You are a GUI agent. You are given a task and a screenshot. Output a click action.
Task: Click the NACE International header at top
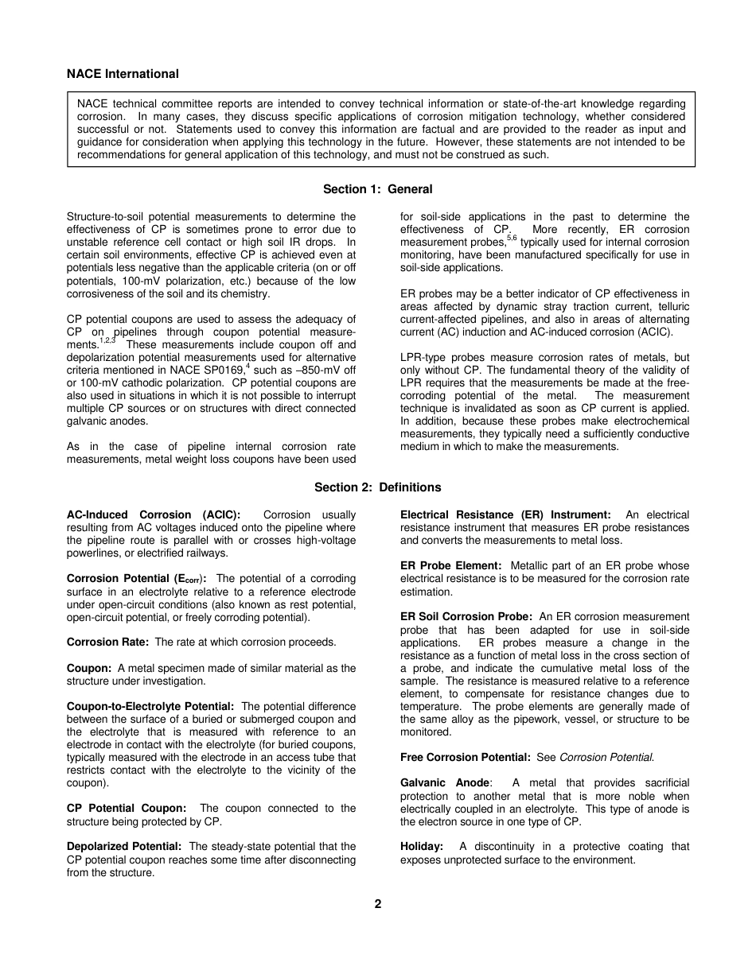click(x=123, y=74)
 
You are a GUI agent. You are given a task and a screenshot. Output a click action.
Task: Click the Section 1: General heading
click(x=377, y=189)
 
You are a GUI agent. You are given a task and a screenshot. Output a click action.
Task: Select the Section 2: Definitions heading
click(x=377, y=487)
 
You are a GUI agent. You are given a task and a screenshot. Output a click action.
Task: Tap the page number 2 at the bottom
click(x=378, y=903)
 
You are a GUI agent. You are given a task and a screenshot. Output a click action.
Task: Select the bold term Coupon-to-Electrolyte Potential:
click(x=150, y=706)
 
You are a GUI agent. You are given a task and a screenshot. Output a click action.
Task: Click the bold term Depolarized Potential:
click(x=124, y=846)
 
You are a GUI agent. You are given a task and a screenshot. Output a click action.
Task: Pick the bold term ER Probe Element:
click(x=450, y=566)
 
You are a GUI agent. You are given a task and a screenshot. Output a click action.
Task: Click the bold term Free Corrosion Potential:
click(x=465, y=757)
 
